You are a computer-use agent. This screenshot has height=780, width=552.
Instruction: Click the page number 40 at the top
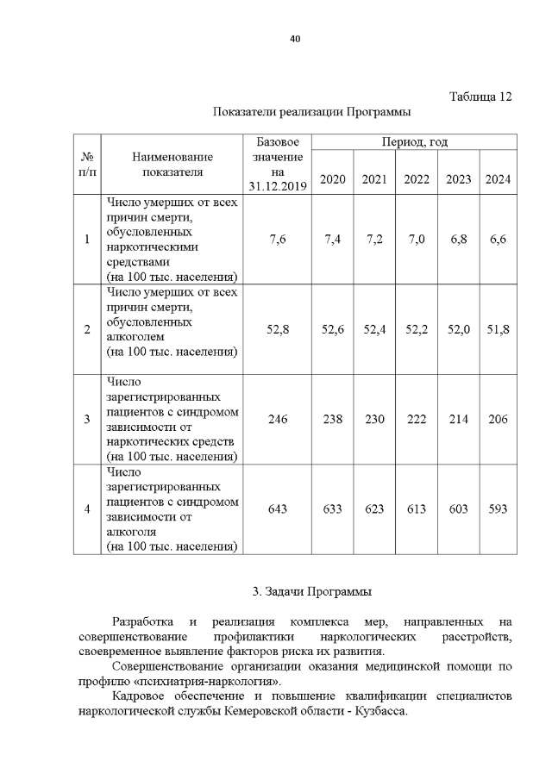294,39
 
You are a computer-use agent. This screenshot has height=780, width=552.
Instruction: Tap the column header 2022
417,179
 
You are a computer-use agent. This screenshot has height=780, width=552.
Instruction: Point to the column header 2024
498,179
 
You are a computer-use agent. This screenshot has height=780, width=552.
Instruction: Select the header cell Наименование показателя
172,165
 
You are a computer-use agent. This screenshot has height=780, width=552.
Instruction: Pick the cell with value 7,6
278,240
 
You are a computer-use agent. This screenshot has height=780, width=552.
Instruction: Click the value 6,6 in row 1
498,240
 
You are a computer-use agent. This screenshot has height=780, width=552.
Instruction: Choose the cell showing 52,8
278,328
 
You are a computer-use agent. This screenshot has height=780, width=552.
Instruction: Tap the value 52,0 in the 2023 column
458,328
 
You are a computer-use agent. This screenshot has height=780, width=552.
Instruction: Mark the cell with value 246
278,419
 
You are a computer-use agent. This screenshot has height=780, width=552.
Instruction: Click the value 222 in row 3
417,419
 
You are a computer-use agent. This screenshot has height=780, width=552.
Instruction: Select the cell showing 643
278,509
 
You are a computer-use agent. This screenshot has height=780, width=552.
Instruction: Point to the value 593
498,509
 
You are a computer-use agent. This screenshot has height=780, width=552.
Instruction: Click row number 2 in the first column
87,328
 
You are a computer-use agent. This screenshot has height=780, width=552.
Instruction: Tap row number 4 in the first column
87,509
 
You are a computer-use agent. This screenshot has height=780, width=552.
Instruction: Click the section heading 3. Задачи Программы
312,592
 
